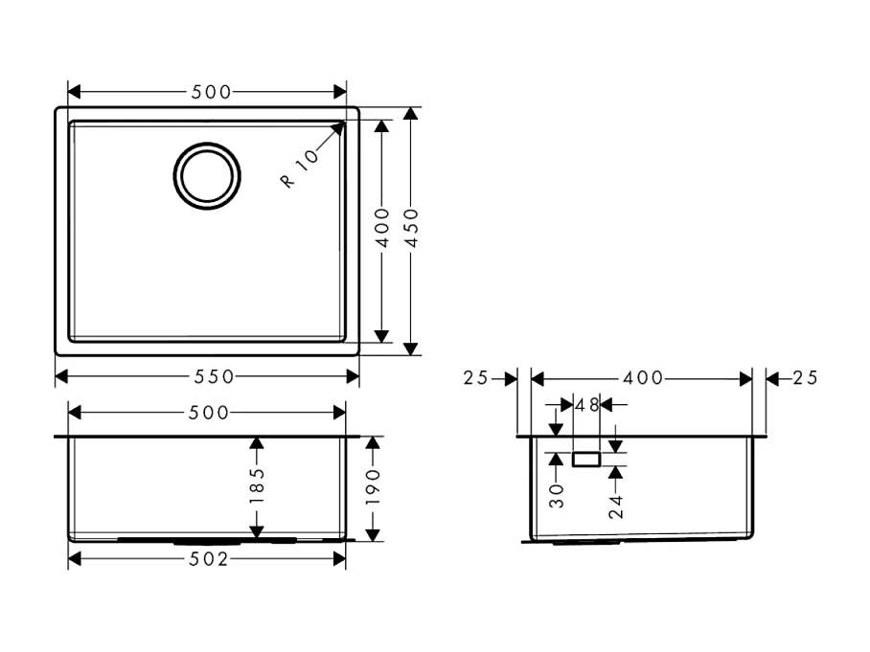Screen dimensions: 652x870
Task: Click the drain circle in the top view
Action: pyautogui.click(x=205, y=176)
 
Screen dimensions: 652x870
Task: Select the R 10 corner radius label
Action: pyautogui.click(x=299, y=169)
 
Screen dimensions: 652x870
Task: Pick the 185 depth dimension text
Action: pyautogui.click(x=256, y=486)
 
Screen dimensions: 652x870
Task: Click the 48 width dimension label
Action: pyautogui.click(x=586, y=405)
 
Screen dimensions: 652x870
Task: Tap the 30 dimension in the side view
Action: pyautogui.click(x=557, y=494)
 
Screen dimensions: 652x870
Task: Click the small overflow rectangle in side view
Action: pyautogui.click(x=585, y=460)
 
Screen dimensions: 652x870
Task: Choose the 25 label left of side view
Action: pyautogui.click(x=476, y=378)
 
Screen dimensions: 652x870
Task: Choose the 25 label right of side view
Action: pyautogui.click(x=805, y=378)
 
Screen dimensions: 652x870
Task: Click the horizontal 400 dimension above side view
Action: pyautogui.click(x=643, y=378)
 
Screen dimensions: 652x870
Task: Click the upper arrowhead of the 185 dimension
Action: pyautogui.click(x=256, y=442)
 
